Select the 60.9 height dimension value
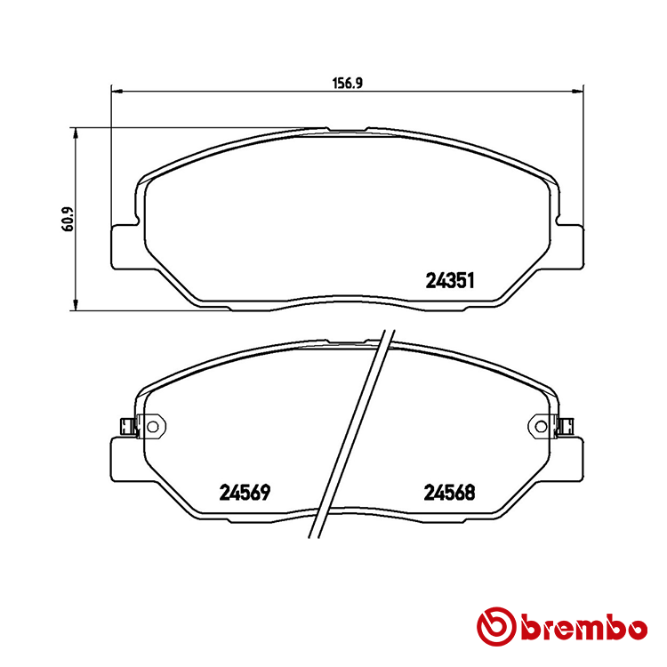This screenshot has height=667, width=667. [66, 220]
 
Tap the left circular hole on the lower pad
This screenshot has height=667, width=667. [151, 427]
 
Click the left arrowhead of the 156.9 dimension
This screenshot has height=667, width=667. [114, 89]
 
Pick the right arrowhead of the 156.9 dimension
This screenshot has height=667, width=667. [582, 89]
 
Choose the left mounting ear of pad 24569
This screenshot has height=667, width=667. [125, 457]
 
